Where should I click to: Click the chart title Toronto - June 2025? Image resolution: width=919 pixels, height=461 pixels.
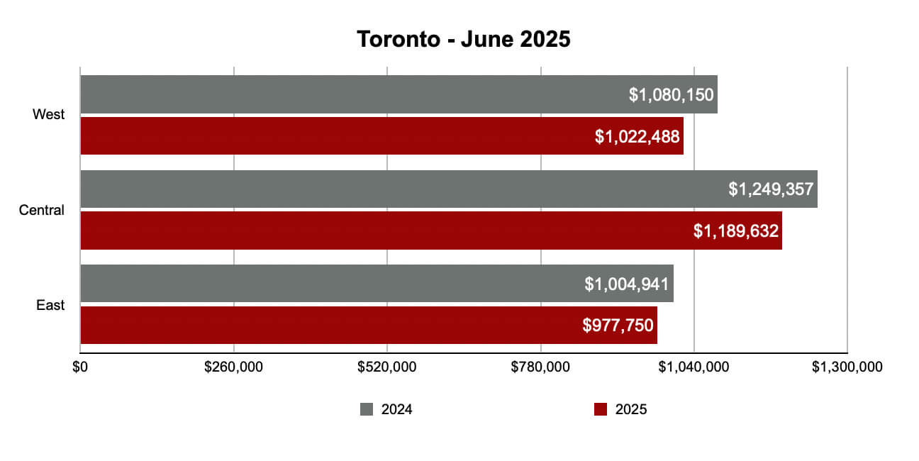coord(463,39)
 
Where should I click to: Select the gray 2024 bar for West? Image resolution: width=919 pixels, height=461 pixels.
coord(355,94)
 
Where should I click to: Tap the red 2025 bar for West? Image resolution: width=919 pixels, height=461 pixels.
coord(333,136)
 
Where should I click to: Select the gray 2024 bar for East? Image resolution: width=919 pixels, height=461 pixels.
coord(326,284)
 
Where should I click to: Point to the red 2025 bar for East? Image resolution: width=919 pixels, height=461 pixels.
coord(319,326)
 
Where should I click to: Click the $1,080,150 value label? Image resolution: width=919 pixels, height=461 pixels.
coord(671,95)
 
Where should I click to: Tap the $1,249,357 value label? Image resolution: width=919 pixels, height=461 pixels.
coord(771,189)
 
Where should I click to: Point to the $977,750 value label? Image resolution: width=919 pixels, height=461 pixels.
coord(618,326)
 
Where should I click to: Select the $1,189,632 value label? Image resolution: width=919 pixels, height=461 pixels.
coord(736,230)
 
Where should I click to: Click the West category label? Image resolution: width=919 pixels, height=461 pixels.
coord(48,115)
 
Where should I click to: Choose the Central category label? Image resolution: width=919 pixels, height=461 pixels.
coord(42,210)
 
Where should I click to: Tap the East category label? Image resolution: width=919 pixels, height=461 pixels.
coord(50,305)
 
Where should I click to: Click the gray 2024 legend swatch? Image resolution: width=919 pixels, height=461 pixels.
coord(367,409)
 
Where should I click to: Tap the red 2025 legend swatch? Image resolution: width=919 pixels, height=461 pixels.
coord(601,409)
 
